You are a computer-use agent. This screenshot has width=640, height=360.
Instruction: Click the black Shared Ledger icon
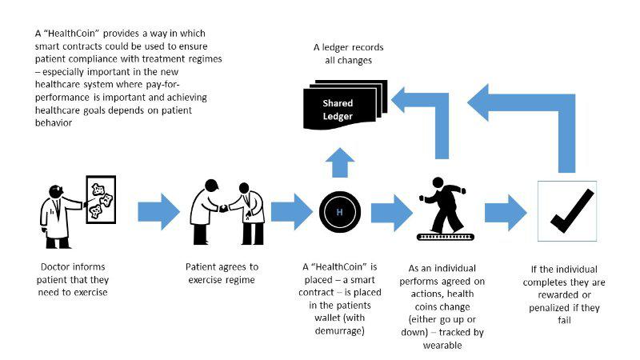[345, 105]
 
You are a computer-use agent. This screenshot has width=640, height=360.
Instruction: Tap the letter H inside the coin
[339, 212]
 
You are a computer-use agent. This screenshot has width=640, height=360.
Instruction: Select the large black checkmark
[572, 210]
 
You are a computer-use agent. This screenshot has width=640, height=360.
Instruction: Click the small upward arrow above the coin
[340, 162]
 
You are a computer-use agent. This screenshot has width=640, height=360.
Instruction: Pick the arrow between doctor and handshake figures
[158, 212]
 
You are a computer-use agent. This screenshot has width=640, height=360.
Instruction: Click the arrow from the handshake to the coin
[292, 212]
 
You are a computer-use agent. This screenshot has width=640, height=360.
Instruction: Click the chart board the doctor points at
[102, 199]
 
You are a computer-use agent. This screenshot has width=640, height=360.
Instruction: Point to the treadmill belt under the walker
[446, 237]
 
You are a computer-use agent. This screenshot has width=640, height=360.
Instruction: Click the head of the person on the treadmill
[438, 182]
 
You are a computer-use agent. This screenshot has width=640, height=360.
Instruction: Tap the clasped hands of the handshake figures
[224, 209]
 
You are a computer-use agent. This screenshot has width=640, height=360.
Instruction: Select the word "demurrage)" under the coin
[339, 330]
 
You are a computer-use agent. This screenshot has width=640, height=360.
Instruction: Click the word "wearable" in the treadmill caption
[442, 346]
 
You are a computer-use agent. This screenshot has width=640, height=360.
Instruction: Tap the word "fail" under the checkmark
[565, 320]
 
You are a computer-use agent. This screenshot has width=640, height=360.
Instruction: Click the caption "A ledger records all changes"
[349, 54]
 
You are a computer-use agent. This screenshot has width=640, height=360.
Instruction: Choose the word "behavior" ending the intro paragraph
[54, 123]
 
